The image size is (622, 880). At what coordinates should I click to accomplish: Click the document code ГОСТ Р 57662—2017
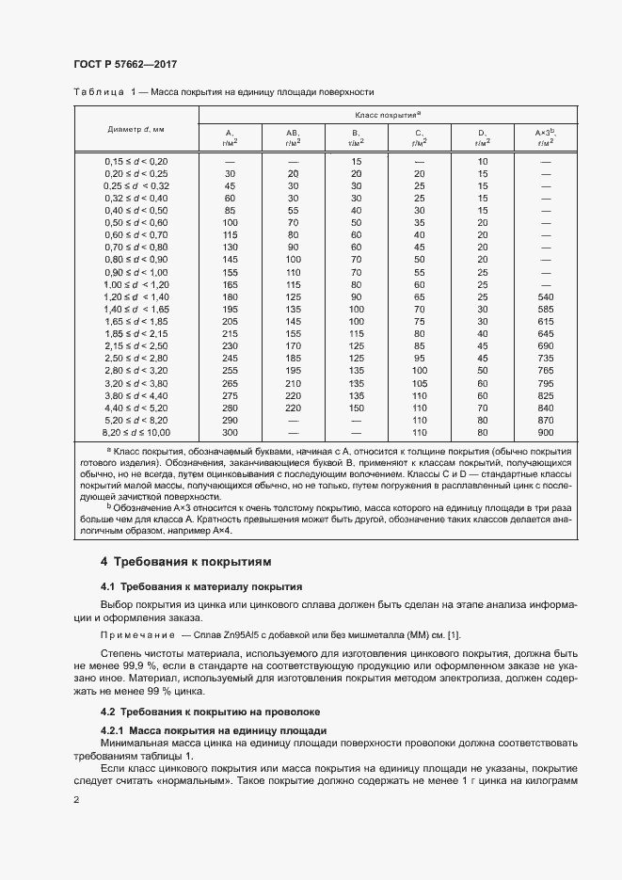(x=125, y=64)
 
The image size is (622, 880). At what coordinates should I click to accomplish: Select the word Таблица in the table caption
(x=97, y=92)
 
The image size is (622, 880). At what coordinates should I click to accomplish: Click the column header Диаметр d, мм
(x=136, y=128)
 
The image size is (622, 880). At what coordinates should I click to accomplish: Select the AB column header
(x=293, y=137)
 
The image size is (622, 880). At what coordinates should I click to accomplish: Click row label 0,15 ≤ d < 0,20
(x=136, y=161)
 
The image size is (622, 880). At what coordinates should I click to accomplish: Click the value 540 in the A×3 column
(x=545, y=296)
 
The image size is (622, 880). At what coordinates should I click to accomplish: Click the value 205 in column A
(x=230, y=321)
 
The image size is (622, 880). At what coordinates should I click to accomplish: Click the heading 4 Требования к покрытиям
(x=185, y=562)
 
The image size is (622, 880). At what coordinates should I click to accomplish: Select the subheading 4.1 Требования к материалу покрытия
(x=201, y=586)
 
